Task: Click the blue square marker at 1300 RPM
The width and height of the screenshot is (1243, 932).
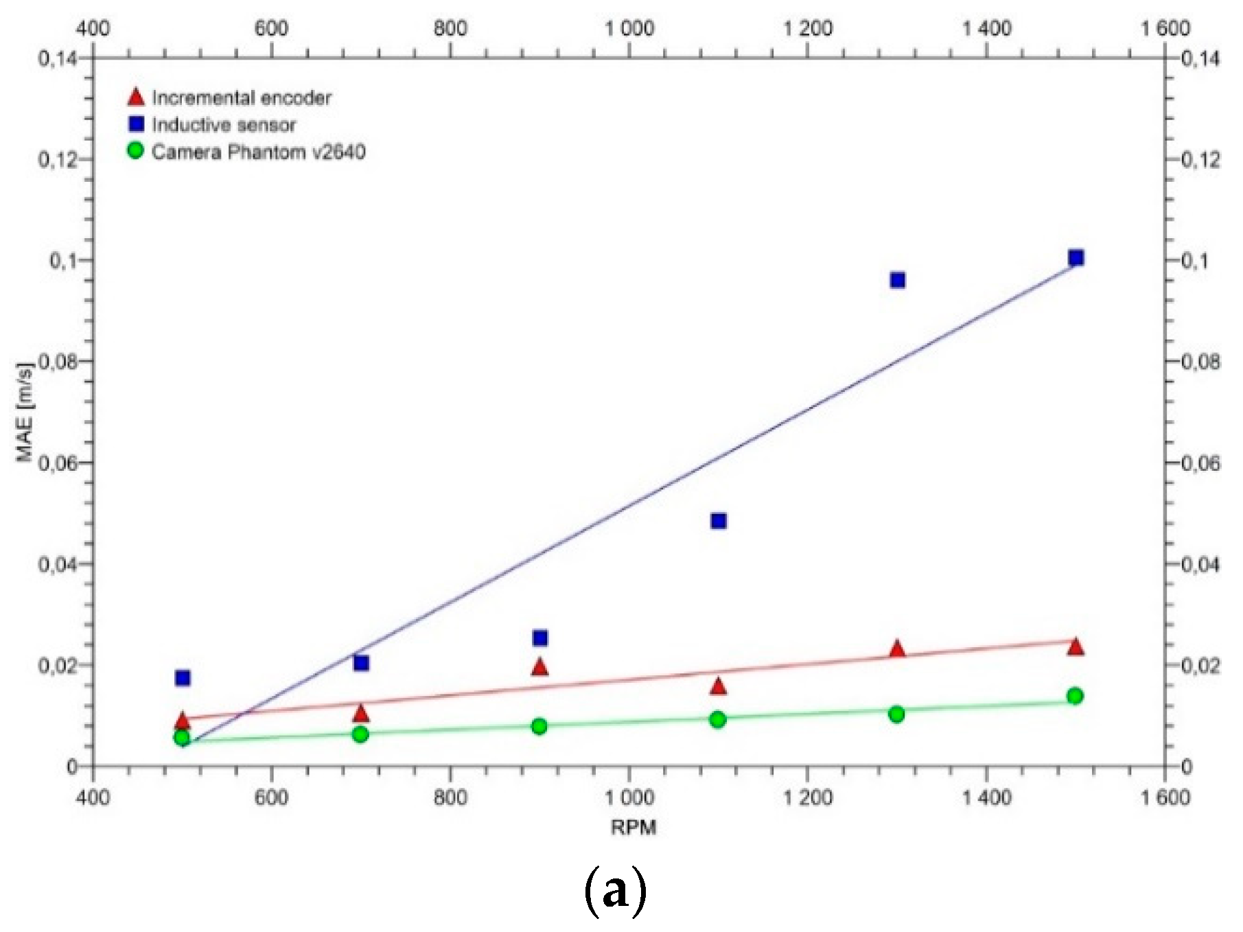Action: (x=897, y=280)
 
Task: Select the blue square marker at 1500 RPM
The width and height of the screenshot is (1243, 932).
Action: (x=1076, y=258)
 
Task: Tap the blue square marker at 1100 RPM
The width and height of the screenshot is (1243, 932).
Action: (x=719, y=521)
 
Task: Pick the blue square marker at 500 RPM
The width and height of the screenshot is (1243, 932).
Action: (x=183, y=678)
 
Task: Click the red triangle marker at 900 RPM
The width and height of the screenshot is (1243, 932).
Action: (x=539, y=667)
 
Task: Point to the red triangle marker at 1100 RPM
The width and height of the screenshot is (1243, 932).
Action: (x=718, y=686)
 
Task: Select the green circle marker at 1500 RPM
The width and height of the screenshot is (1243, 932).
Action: (x=1076, y=696)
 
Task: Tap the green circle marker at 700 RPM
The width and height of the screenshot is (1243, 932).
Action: (x=360, y=734)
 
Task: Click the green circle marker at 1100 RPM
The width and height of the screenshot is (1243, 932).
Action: (x=718, y=719)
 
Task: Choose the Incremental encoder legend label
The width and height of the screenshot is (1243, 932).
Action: (x=242, y=98)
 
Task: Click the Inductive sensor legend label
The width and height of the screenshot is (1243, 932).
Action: (x=224, y=125)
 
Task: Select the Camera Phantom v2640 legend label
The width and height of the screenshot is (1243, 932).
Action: (x=259, y=152)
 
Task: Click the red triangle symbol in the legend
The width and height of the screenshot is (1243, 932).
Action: (x=136, y=97)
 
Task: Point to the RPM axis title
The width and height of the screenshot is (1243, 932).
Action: (x=633, y=827)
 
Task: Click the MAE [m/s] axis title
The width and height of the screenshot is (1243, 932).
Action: (x=25, y=412)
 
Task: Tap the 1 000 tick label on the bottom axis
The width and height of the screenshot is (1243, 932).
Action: (x=629, y=797)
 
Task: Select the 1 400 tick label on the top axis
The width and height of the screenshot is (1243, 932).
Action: (x=986, y=28)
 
